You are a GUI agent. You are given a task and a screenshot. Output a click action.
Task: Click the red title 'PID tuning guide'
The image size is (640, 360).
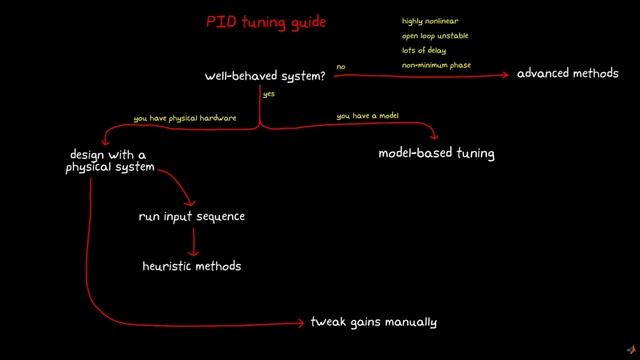(x=266, y=21)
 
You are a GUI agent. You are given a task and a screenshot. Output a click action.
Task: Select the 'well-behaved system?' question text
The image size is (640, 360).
(x=264, y=75)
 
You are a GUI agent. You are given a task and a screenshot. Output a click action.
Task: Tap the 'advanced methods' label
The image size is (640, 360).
(x=567, y=74)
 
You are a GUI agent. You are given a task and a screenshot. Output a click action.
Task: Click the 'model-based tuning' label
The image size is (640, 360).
(x=436, y=154)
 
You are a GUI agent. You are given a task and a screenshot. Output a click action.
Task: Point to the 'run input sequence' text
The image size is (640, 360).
(x=191, y=216)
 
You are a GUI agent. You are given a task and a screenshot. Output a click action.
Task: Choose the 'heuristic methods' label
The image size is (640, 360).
(x=192, y=266)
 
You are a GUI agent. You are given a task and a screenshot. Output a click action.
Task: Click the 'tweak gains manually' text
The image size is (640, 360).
(x=373, y=322)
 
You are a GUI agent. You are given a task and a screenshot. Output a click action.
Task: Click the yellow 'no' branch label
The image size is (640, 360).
(x=341, y=67)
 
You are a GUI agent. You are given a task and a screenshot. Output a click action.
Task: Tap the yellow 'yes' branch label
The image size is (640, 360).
(x=269, y=94)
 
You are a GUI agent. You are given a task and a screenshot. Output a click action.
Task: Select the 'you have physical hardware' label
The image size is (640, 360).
(x=185, y=118)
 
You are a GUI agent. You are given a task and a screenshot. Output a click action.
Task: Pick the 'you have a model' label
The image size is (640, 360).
(x=369, y=117)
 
